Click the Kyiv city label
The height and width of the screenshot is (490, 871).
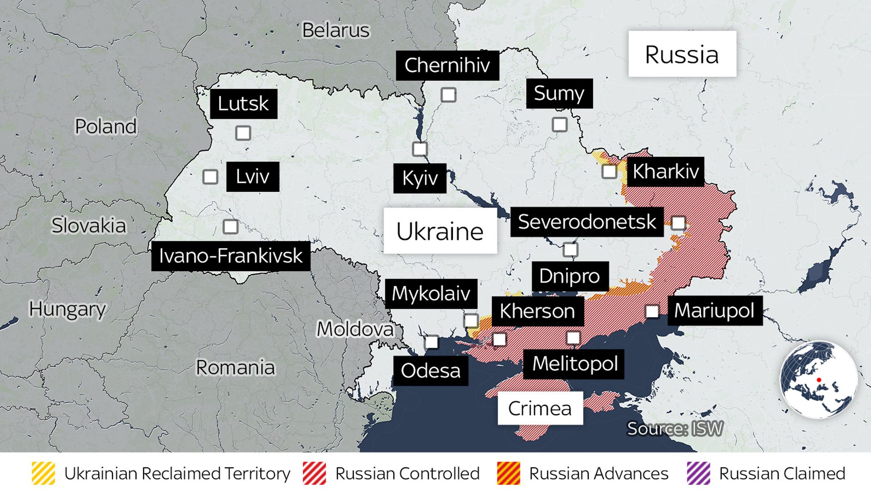point(420,178)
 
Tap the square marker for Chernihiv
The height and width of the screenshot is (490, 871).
point(448,95)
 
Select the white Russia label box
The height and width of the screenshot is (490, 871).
point(682,54)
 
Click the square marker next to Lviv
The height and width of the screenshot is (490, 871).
point(210,177)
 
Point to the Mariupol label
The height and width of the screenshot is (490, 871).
point(714,311)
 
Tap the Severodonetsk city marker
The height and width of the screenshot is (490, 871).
point(678,223)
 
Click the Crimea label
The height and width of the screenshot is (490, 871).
point(540,408)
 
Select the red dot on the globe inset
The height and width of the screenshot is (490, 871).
point(819,380)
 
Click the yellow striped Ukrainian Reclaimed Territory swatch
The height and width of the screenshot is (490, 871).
point(43,473)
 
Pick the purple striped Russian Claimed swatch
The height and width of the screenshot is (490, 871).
point(698,473)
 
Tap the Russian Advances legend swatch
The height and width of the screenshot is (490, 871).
point(508,473)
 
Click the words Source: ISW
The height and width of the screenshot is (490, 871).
point(675,429)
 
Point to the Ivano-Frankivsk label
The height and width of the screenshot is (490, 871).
point(231,256)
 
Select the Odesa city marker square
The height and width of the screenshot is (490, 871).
point(431,342)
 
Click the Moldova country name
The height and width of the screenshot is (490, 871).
point(355,329)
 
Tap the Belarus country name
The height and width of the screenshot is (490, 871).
point(336,30)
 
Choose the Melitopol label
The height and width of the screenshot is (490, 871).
point(575,364)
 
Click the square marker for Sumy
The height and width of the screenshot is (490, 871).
point(559,125)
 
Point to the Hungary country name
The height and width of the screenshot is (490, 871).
point(67,309)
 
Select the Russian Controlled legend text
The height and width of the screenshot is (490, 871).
point(407,473)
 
